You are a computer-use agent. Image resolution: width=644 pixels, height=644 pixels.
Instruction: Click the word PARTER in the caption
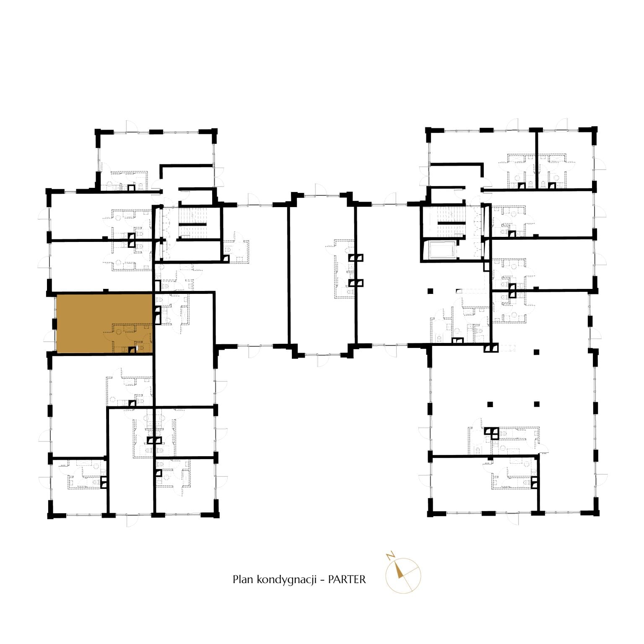[347, 579]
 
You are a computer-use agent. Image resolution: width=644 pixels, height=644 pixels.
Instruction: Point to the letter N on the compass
[390, 556]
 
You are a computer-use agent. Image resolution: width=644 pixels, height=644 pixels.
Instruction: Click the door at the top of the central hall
[319, 190]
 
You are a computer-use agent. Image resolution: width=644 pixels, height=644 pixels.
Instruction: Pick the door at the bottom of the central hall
[323, 360]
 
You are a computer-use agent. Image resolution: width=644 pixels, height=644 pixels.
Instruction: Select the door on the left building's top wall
[132, 127]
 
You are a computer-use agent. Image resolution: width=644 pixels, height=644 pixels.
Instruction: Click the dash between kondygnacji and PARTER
[322, 580]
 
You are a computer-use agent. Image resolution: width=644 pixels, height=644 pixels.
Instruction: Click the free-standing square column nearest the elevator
[429, 291]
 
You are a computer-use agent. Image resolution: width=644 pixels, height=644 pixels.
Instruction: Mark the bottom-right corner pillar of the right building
[595, 509]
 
